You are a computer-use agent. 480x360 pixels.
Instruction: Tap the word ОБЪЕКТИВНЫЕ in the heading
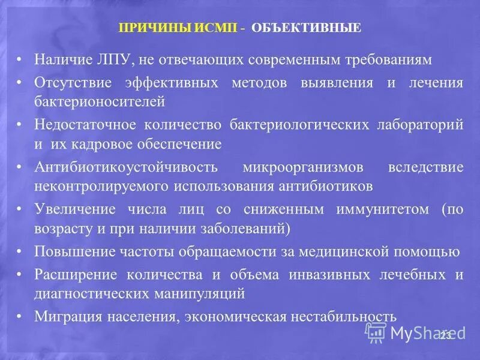coord(306,28)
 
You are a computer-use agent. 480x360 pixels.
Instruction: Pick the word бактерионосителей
coord(100,101)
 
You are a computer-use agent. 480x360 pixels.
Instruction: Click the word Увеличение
coord(71,209)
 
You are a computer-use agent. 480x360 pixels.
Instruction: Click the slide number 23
coord(445,335)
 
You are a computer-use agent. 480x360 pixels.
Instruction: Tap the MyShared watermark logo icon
coord(376,332)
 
